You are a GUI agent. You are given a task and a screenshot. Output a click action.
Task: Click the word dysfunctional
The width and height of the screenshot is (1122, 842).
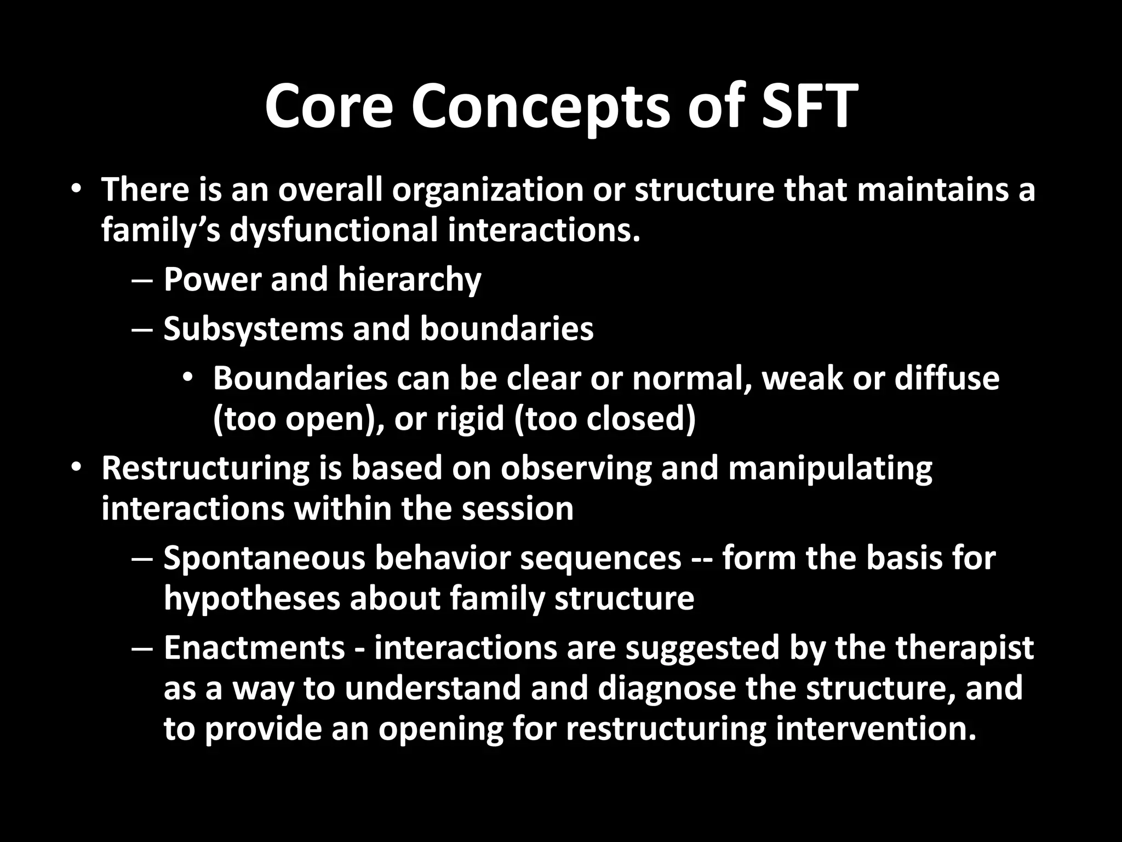click(334, 231)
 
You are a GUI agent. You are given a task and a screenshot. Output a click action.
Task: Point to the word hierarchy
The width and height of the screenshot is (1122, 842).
click(409, 280)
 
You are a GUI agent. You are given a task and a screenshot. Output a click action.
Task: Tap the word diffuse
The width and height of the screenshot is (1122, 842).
click(947, 379)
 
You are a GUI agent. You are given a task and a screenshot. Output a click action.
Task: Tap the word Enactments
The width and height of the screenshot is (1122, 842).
click(254, 648)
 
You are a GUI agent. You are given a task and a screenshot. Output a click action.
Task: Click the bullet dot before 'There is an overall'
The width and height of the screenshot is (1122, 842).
click(76, 189)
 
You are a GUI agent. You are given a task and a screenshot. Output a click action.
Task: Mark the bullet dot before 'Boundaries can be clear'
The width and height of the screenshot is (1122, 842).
click(188, 378)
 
